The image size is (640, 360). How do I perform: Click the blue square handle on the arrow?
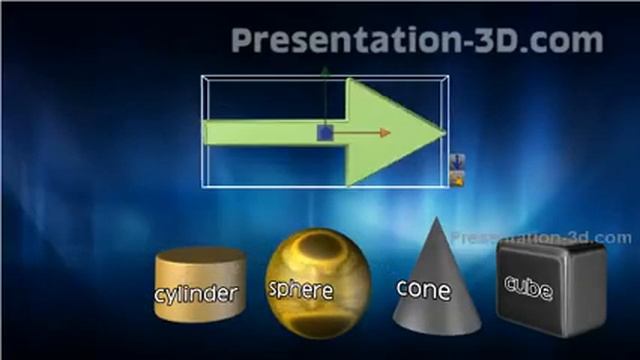coord(326,132)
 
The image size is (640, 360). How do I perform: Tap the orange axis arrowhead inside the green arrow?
coord(385,132)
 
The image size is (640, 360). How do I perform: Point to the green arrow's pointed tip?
coord(444,132)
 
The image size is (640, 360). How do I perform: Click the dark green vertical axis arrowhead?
coord(326,72)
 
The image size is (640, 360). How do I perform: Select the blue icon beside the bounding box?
coord(456,161)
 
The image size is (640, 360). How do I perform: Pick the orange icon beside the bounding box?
coord(456,179)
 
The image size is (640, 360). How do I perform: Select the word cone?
coord(423,289)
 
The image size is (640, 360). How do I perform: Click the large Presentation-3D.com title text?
coord(417,40)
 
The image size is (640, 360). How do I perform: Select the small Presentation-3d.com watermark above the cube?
coord(541,238)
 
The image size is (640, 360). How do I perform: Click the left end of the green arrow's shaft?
coord(207,132)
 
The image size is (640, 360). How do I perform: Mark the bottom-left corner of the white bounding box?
coord(203,186)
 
